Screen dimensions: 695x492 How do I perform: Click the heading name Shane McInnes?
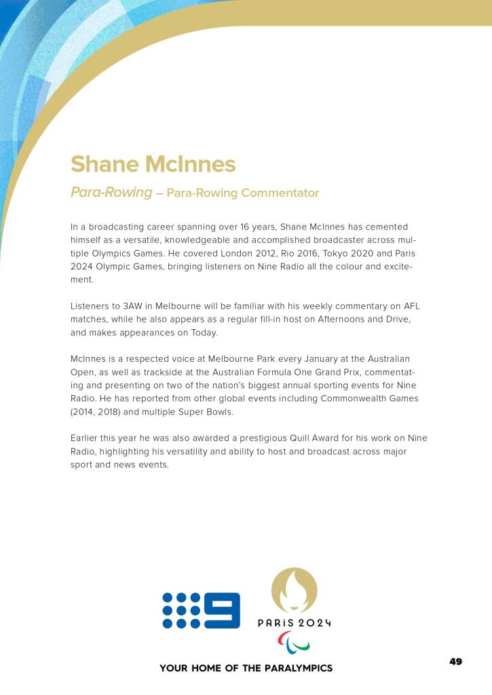pyautogui.click(x=153, y=164)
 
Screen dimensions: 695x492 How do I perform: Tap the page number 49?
pyautogui.click(x=455, y=661)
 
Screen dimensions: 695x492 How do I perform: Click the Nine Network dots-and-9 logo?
pyautogui.click(x=201, y=610)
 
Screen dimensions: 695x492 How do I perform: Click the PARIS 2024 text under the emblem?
pyautogui.click(x=294, y=623)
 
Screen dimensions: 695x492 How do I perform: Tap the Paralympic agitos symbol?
pyautogui.click(x=294, y=641)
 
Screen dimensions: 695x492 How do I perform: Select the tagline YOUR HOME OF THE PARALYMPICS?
pyautogui.click(x=246, y=669)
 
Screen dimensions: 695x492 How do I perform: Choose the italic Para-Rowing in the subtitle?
pyautogui.click(x=111, y=192)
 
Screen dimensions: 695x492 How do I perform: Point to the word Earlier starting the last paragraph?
pyautogui.click(x=87, y=438)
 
